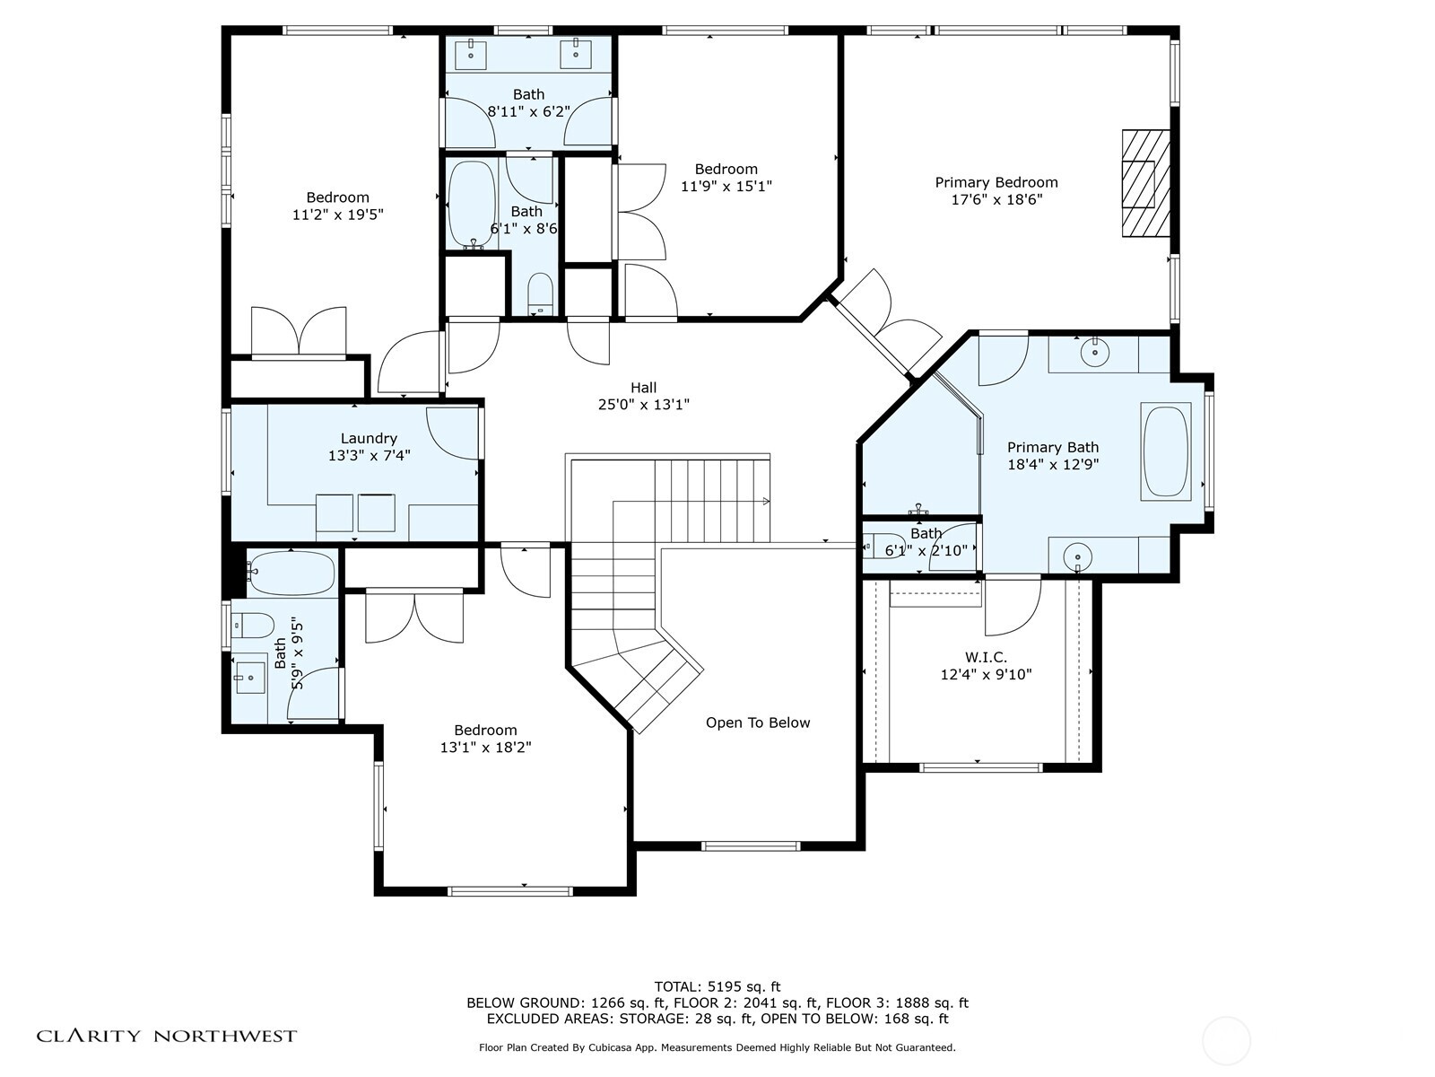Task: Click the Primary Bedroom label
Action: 996,182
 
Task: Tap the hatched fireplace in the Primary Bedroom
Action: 1145,183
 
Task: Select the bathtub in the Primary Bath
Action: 1166,451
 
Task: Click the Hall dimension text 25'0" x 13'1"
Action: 643,405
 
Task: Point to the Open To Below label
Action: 758,722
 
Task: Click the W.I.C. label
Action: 986,657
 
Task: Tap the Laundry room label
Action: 369,438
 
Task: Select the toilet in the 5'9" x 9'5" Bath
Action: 252,626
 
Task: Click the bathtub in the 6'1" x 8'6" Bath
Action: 472,204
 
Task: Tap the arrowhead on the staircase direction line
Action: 766,502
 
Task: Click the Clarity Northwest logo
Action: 167,1036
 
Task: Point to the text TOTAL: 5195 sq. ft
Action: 717,986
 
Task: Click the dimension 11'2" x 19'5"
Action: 337,215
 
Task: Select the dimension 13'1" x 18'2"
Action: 485,747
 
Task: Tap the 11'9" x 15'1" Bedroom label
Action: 726,169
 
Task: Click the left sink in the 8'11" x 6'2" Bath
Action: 471,54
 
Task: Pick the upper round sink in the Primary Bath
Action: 1095,354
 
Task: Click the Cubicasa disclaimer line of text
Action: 717,1047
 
